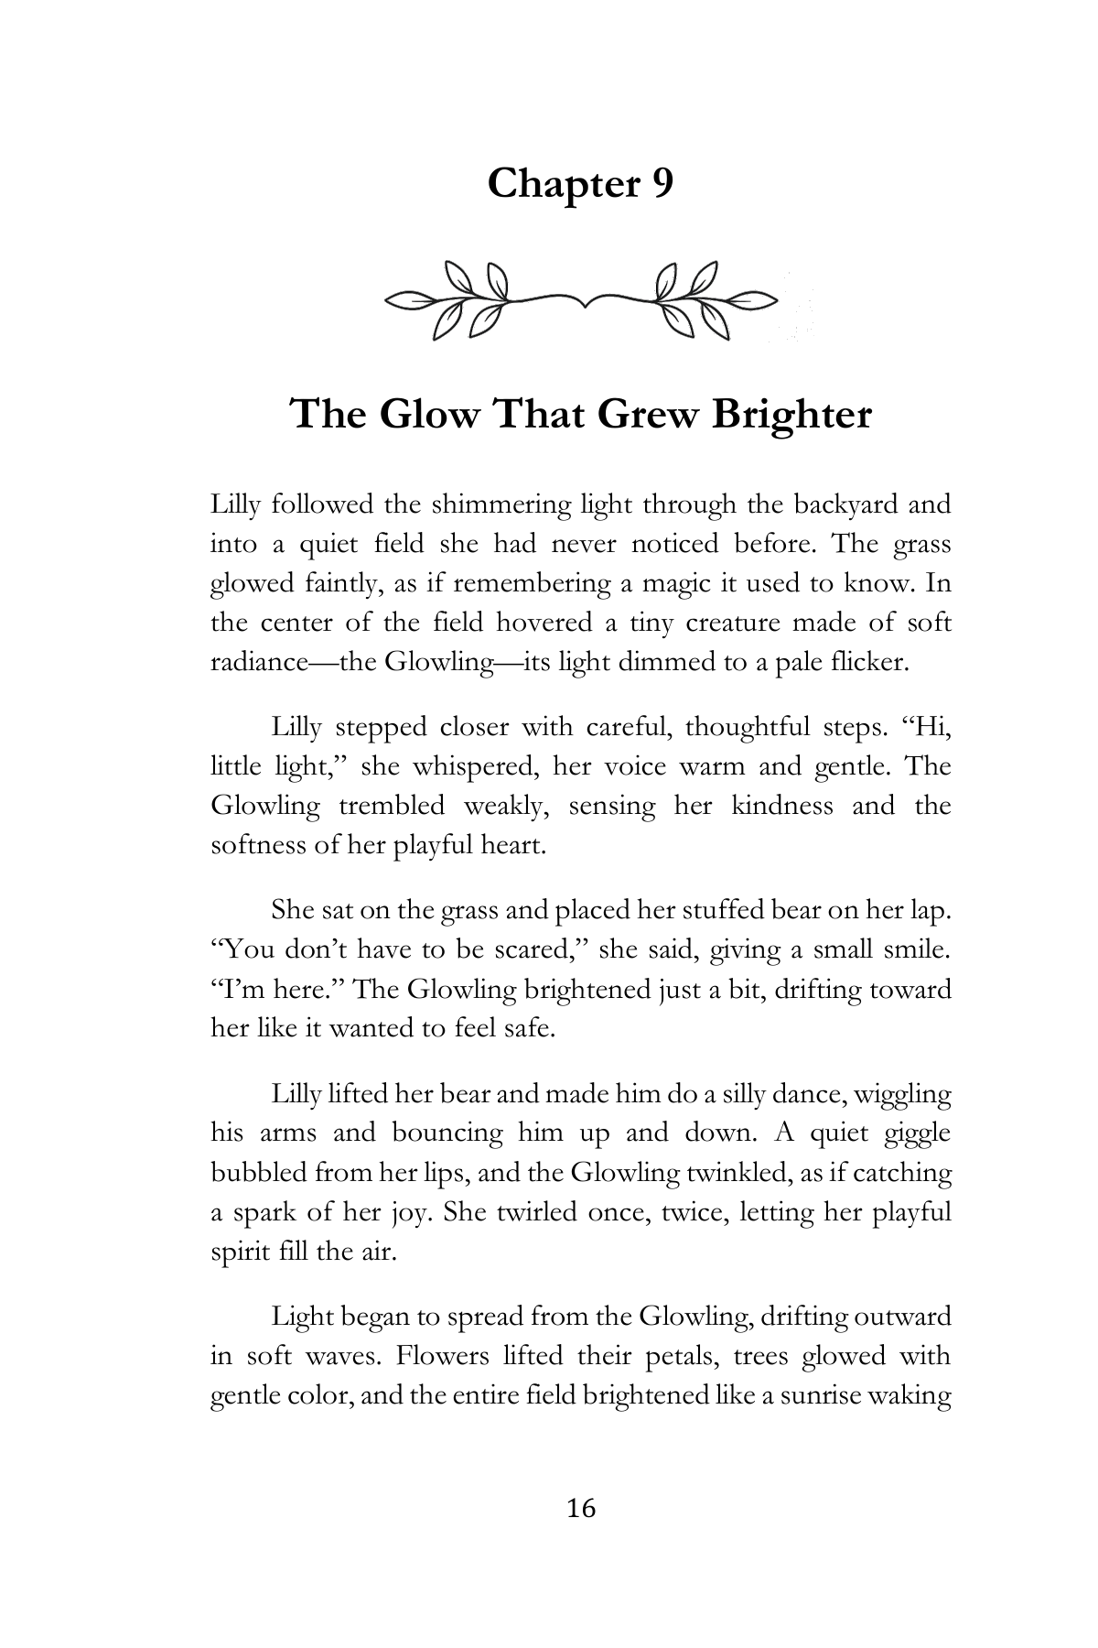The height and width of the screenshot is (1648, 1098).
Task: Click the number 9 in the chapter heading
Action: click(x=662, y=184)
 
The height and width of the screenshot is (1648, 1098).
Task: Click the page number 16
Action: click(x=581, y=1508)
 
